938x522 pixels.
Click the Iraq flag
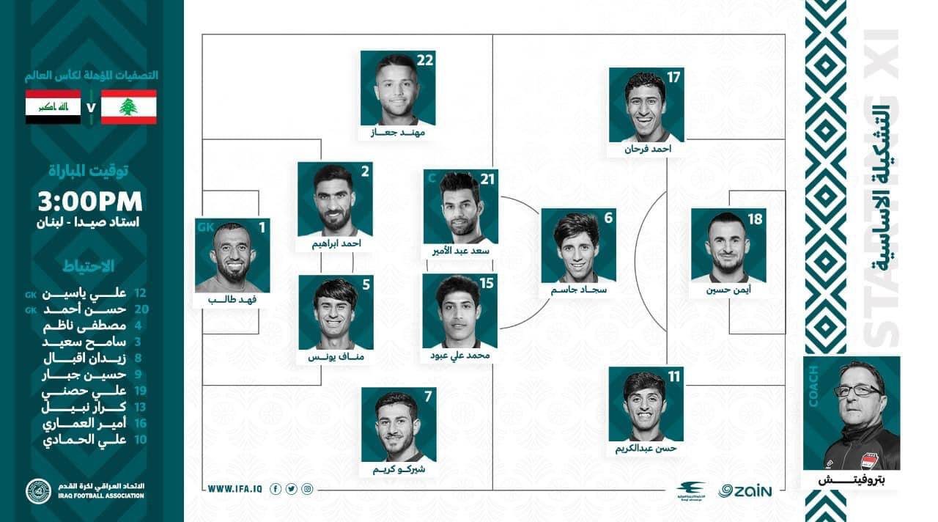pos(53,107)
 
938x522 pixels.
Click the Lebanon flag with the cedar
pos(128,107)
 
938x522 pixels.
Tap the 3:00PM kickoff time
pos(91,202)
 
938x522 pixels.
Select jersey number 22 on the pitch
pos(425,61)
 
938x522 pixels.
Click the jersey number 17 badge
pos(673,77)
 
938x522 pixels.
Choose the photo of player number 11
pos(646,405)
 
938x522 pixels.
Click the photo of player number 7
pos(398,427)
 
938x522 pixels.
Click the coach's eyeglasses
pos(857,391)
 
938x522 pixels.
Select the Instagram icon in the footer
pos(308,489)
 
